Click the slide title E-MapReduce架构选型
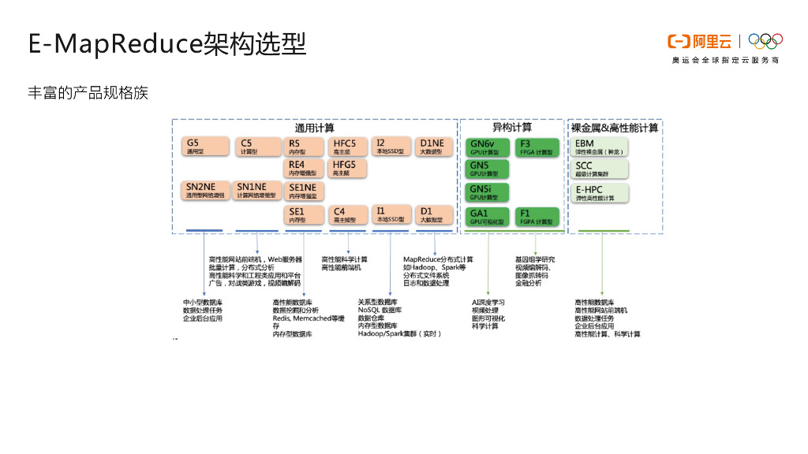click(166, 44)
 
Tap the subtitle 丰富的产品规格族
click(88, 94)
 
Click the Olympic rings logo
click(765, 41)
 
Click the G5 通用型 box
click(204, 147)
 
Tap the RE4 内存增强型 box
click(304, 169)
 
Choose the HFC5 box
click(348, 147)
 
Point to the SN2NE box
click(204, 191)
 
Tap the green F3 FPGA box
click(537, 147)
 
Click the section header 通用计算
click(314, 128)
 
